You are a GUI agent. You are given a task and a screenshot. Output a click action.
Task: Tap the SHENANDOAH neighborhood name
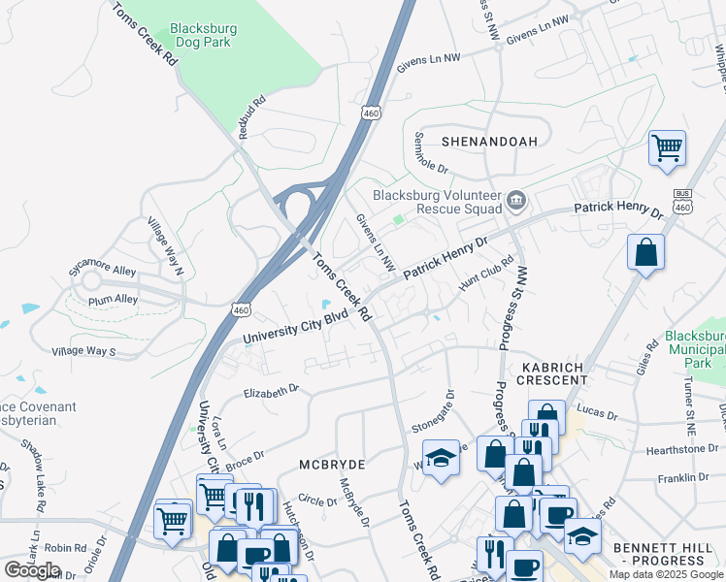point(489,142)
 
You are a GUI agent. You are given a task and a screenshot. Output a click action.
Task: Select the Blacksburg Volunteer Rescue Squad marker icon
point(516,202)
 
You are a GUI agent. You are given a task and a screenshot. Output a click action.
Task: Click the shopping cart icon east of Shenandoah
point(667,148)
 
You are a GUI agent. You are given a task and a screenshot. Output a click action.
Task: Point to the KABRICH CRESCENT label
point(554,373)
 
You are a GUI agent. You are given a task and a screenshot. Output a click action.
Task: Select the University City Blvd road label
point(294,327)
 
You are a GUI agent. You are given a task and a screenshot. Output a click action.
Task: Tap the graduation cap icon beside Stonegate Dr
point(441,456)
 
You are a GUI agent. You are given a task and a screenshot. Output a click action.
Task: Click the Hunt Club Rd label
point(486,271)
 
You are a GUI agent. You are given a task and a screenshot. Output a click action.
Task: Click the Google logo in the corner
point(32,569)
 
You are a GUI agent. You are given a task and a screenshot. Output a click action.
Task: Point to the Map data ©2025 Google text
point(666,574)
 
